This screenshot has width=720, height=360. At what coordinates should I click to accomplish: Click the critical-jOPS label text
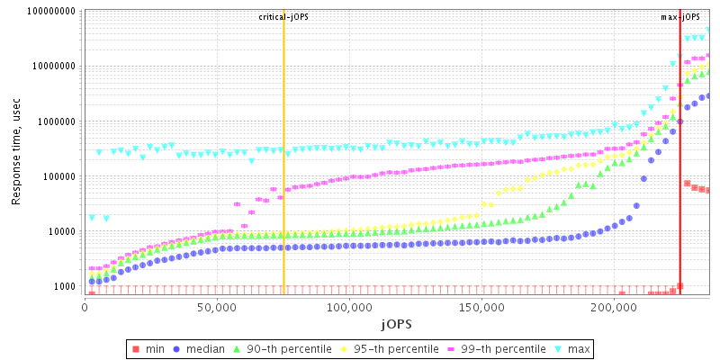tap(283, 17)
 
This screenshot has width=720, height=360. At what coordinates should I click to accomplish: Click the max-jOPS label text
tap(680, 17)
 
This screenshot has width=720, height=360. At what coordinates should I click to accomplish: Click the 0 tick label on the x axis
tap(85, 308)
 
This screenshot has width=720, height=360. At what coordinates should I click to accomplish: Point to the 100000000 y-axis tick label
tap(50, 12)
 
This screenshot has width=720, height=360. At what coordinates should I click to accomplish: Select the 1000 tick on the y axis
tap(65, 286)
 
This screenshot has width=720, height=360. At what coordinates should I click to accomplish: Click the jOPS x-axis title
tap(396, 323)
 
